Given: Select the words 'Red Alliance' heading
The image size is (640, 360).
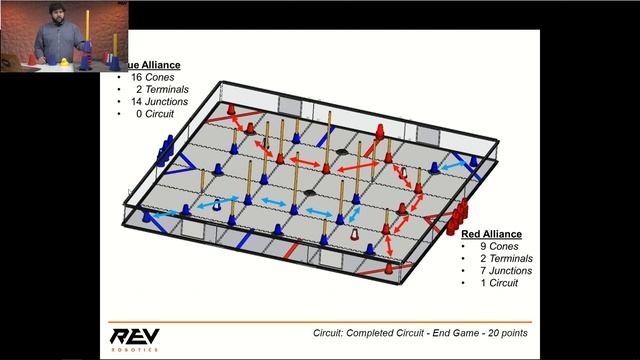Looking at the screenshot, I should [x=492, y=234].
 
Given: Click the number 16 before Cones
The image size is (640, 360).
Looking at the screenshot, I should [x=137, y=77].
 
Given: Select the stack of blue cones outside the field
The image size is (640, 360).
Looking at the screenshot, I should [x=159, y=154].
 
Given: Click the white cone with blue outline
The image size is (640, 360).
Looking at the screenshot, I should [x=216, y=204].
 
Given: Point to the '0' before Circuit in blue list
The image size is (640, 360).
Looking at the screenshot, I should [x=139, y=113].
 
